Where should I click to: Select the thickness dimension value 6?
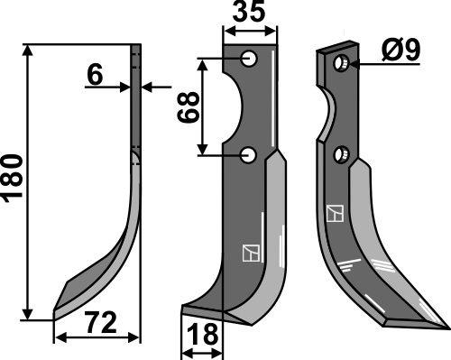[x=96, y=75]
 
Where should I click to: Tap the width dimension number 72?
[x=101, y=323]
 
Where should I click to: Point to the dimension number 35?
[x=249, y=12]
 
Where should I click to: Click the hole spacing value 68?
[x=189, y=107]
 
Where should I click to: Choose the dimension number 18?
[x=202, y=335]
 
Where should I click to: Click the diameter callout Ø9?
[x=401, y=51]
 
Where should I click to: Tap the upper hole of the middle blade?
[x=249, y=59]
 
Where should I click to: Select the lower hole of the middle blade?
[x=248, y=155]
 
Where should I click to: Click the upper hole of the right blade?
[x=342, y=63]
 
